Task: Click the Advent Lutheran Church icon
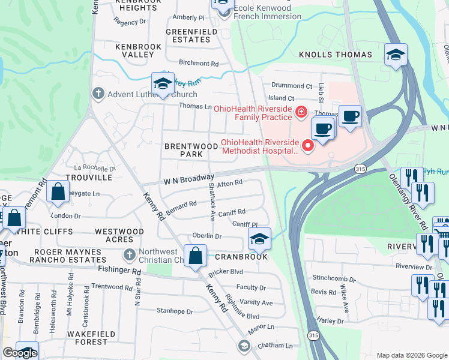click(x=98, y=94)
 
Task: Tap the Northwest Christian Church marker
click(x=128, y=255)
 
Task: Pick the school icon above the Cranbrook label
click(x=259, y=239)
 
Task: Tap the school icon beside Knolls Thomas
click(x=396, y=55)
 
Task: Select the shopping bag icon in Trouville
click(x=58, y=192)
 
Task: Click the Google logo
click(x=20, y=353)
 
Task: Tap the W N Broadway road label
click(x=188, y=179)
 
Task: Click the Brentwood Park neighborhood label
click(x=191, y=150)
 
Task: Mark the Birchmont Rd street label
click(x=198, y=63)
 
